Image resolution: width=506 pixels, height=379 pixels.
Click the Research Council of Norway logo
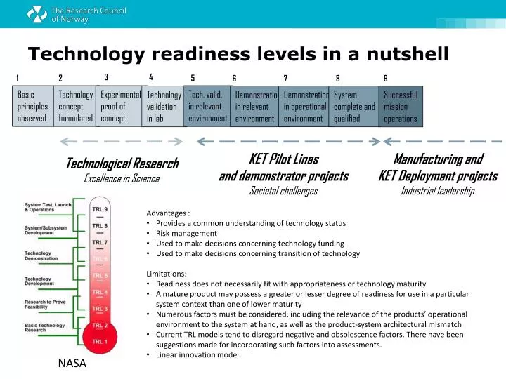tap(59, 14)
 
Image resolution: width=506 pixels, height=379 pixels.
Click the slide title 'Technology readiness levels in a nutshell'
tap(238, 54)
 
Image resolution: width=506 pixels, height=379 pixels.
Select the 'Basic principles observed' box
tap(32, 106)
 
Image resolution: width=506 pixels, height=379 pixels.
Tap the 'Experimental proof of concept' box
tap(119, 106)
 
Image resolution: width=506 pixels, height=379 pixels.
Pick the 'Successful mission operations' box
tap(401, 106)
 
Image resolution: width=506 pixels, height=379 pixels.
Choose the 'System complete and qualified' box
tap(354, 106)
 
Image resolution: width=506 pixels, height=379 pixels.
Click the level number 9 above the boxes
tap(385, 79)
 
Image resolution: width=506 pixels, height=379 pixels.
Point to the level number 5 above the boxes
tap(193, 79)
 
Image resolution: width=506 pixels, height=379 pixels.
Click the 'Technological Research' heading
tap(122, 164)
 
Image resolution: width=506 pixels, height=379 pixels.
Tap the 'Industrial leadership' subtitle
tap(437, 191)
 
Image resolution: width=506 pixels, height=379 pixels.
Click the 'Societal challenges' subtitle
tap(283, 191)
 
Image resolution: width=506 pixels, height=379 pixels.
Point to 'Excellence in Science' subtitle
tap(122, 179)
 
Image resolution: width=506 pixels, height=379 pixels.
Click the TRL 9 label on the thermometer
tap(100, 209)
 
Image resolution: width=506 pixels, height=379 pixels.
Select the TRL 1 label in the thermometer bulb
tap(100, 341)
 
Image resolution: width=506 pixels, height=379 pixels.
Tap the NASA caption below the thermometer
tap(72, 364)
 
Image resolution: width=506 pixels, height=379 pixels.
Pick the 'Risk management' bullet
tap(186, 234)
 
